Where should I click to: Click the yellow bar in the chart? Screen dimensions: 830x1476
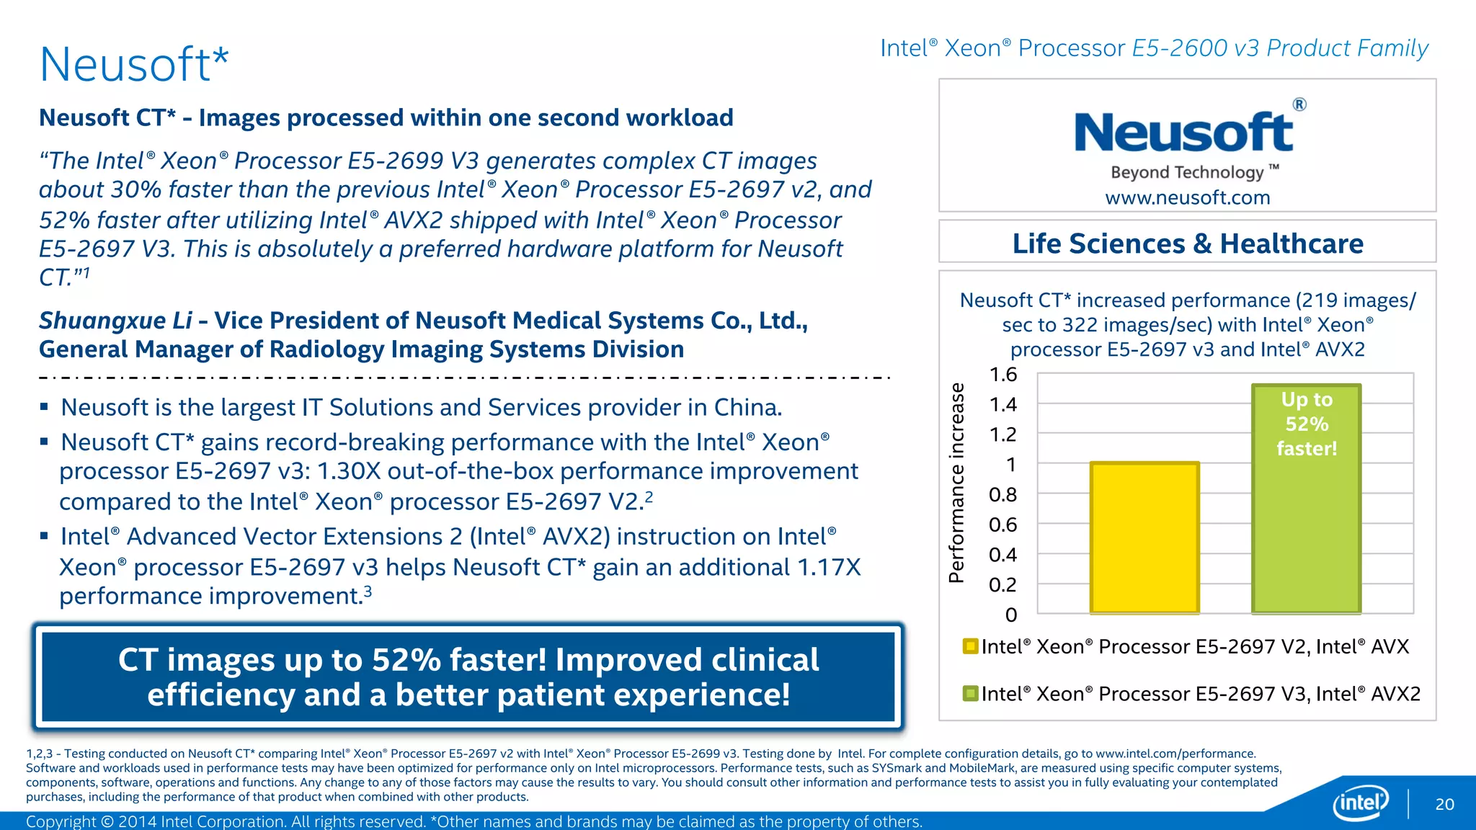pos(1144,537)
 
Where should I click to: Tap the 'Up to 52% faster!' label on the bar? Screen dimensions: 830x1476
pos(1307,424)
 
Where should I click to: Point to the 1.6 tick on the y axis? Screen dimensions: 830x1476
pos(1003,375)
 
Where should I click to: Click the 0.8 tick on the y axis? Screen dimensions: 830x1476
pos(1003,495)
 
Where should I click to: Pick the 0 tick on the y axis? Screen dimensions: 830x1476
pos(1011,615)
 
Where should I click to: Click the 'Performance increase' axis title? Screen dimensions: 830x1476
pos(956,483)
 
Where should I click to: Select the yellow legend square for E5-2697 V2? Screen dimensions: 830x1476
pos(970,646)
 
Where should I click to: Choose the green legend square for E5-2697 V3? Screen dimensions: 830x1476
pos(970,693)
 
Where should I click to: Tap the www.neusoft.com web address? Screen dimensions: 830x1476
pos(1188,197)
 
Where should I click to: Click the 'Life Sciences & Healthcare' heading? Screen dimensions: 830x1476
pos(1188,244)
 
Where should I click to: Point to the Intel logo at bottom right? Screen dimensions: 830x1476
pos(1360,803)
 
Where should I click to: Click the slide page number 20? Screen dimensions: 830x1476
pos(1444,804)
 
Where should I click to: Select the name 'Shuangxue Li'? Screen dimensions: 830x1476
pos(115,321)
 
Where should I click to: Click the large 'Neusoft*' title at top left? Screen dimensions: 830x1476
pos(134,65)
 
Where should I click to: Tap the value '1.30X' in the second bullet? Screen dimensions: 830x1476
pos(348,471)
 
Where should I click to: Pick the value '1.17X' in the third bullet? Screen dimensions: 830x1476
pos(829,568)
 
